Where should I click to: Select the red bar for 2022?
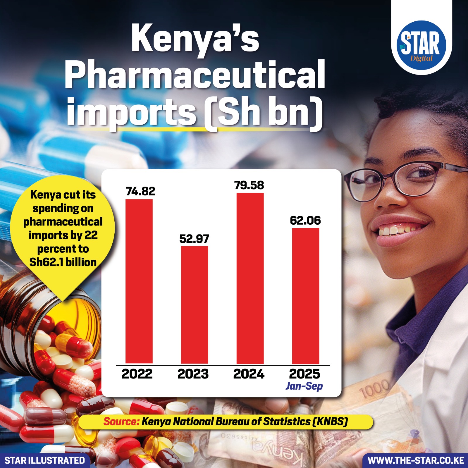(x=139, y=281)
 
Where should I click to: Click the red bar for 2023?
(x=195, y=305)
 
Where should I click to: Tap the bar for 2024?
(x=250, y=278)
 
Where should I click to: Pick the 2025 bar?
(x=306, y=296)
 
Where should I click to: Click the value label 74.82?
(x=140, y=191)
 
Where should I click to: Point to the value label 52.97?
(x=194, y=239)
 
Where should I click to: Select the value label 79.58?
(x=249, y=185)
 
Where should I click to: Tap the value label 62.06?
(x=305, y=221)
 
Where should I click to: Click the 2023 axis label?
(x=193, y=374)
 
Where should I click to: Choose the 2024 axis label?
(x=249, y=374)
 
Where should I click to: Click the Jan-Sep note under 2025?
(x=304, y=386)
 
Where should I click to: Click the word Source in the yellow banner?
(x=121, y=421)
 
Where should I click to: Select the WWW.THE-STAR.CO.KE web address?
(x=416, y=460)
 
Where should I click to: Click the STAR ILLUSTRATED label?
(x=45, y=460)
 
